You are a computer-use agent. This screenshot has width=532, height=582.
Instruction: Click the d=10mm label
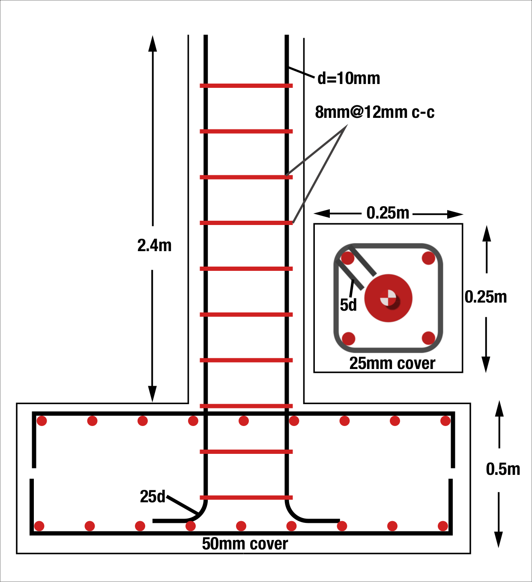pyautogui.click(x=349, y=78)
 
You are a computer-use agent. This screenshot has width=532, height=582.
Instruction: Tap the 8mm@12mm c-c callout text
pyautogui.click(x=375, y=112)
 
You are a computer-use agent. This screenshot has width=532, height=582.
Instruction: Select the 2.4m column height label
pyautogui.click(x=154, y=246)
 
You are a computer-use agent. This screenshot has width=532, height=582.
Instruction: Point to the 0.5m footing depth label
pyautogui.click(x=503, y=469)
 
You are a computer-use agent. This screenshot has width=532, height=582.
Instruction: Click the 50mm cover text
pyautogui.click(x=245, y=544)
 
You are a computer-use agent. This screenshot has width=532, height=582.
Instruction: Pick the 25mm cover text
pyautogui.click(x=392, y=363)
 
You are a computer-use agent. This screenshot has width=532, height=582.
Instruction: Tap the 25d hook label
pyautogui.click(x=152, y=496)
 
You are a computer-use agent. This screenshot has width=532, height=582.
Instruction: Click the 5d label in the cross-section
pyautogui.click(x=348, y=305)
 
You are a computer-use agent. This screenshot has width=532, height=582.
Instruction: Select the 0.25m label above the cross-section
pyautogui.click(x=388, y=213)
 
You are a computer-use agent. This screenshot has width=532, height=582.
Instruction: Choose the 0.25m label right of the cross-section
pyautogui.click(x=486, y=297)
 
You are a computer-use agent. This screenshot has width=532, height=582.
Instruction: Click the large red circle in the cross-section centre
pyautogui.click(x=389, y=298)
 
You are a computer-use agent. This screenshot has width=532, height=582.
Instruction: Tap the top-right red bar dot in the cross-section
pyautogui.click(x=428, y=258)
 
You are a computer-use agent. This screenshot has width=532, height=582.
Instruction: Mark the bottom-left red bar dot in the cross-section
pyautogui.click(x=349, y=338)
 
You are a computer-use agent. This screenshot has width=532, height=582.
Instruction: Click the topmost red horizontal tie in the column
pyautogui.click(x=246, y=86)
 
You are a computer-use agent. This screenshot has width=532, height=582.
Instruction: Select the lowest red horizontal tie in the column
pyautogui.click(x=246, y=498)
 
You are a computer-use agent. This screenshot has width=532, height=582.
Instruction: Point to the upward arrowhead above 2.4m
pyautogui.click(x=152, y=43)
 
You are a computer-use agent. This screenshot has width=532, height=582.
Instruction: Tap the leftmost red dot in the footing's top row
pyautogui.click(x=42, y=421)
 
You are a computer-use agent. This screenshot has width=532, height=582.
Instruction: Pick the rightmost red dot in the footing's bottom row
pyautogui.click(x=443, y=526)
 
